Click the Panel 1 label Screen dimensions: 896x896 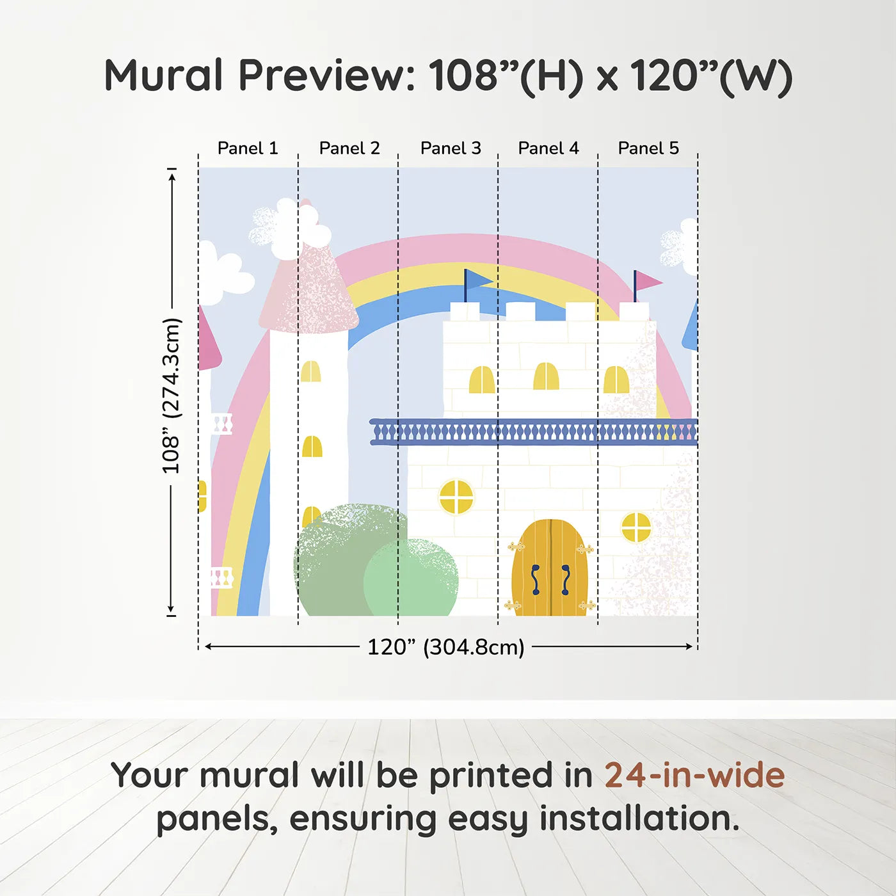tap(248, 148)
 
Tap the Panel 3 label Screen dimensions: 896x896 tap(451, 148)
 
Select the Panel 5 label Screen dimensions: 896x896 tap(648, 148)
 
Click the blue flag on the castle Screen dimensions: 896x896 tap(478, 280)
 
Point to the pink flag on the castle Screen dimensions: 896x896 tap(647, 281)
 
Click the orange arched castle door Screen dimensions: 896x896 tap(550, 568)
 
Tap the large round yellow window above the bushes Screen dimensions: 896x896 tap(456, 497)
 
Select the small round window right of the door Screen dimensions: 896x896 tap(636, 527)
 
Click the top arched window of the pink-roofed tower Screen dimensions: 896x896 tap(310, 371)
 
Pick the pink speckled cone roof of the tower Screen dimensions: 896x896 tap(308, 288)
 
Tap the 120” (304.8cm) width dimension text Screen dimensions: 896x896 tap(446, 647)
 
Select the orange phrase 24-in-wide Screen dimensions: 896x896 tap(694, 775)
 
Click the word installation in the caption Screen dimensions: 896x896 tap(639, 819)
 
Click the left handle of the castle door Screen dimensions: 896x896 tap(536, 580)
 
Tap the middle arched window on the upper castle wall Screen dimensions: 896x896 tap(546, 376)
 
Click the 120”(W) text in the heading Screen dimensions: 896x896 tap(711, 77)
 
